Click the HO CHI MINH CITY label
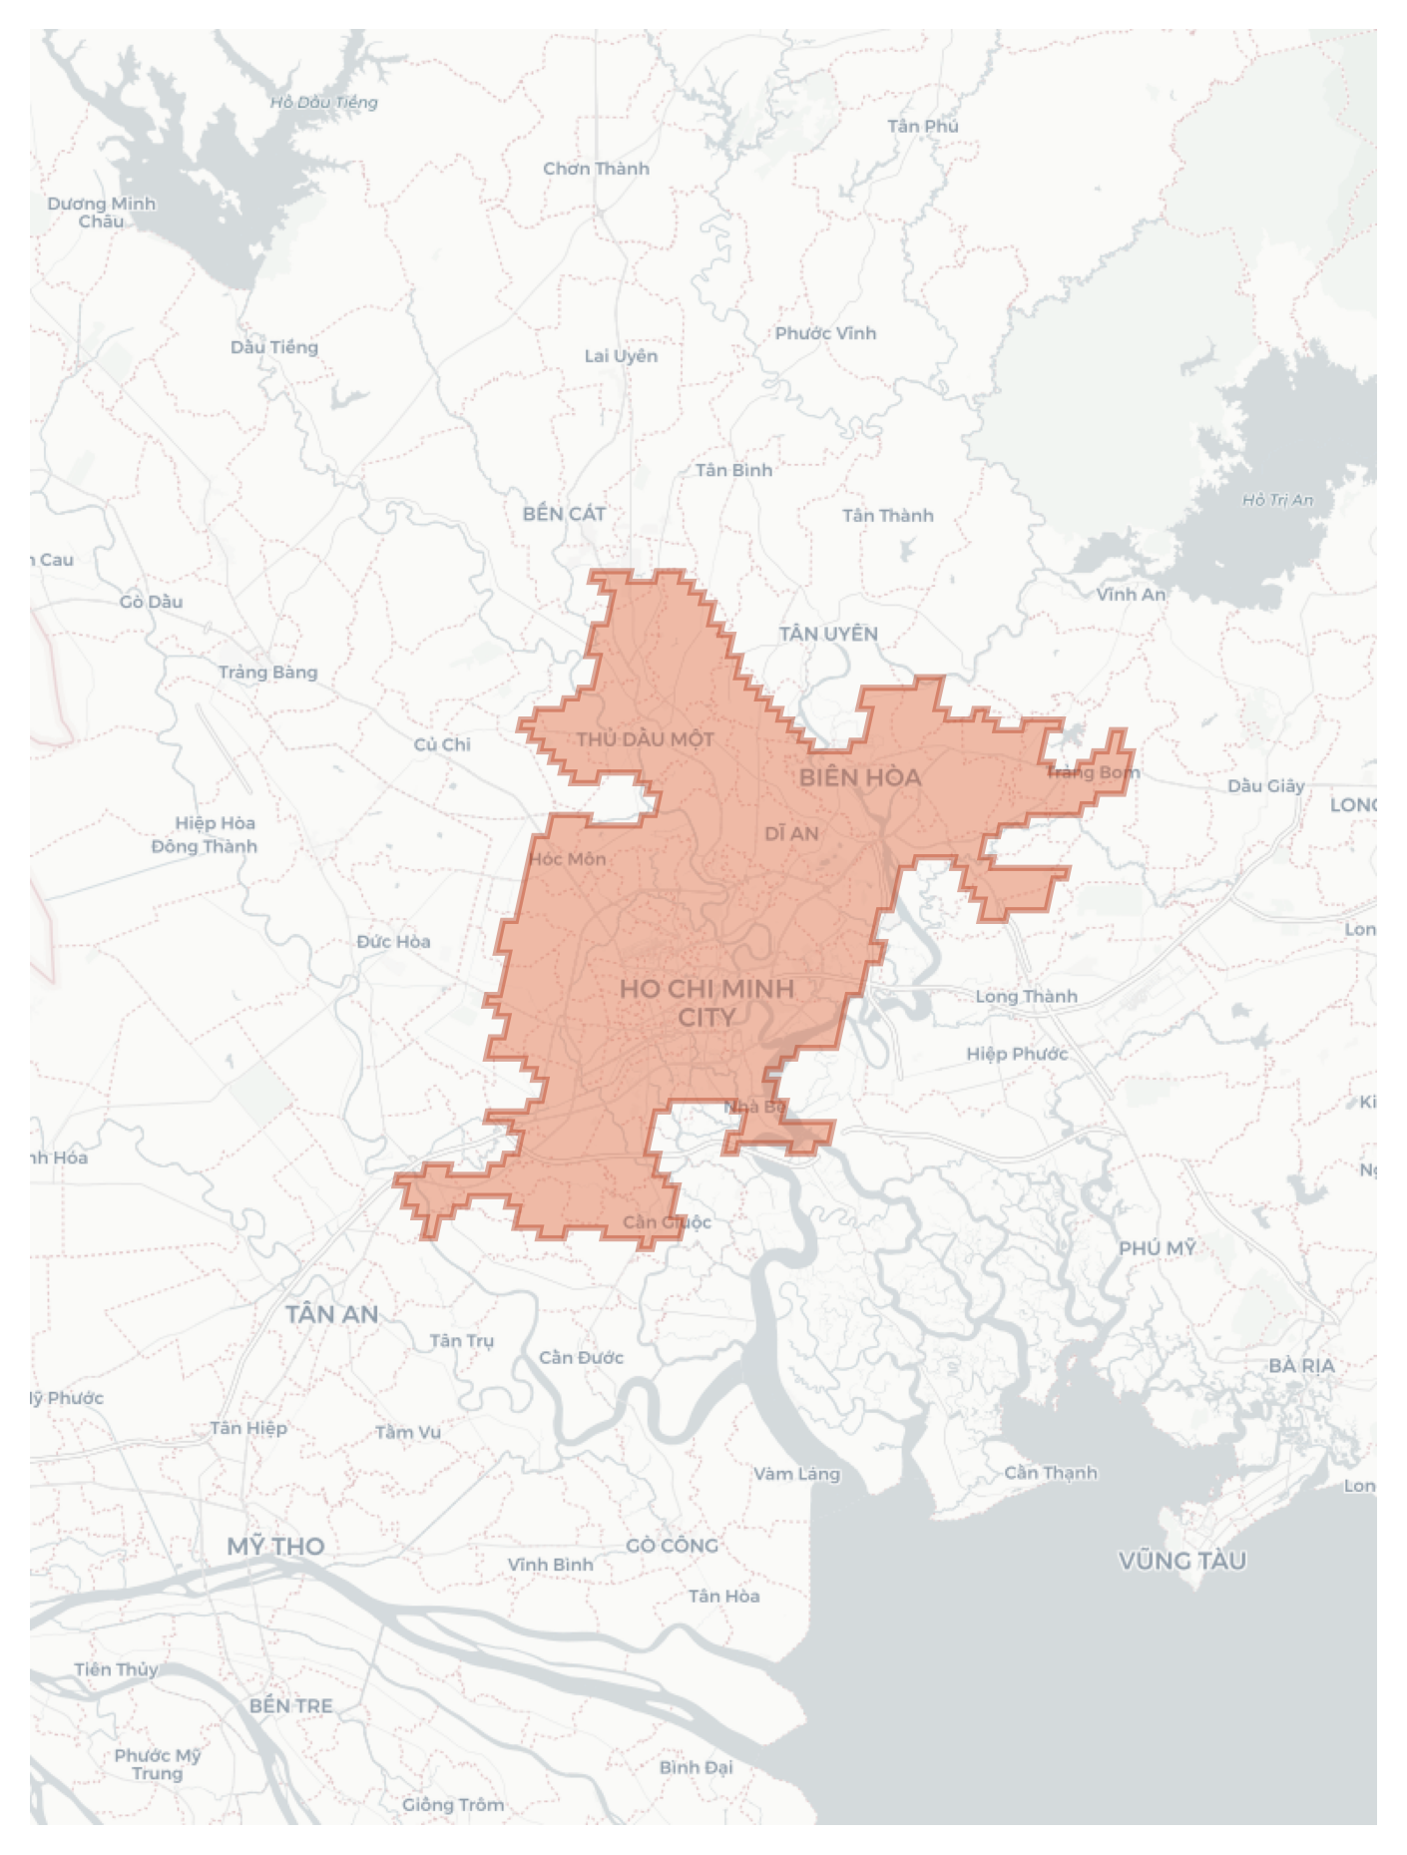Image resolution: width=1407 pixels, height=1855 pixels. [x=706, y=1003]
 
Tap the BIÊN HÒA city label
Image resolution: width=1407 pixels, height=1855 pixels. [x=859, y=777]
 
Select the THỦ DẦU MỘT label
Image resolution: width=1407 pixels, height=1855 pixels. [x=645, y=739]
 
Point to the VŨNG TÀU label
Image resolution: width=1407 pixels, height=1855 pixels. [x=1181, y=1560]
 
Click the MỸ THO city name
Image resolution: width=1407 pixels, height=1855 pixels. [x=275, y=1546]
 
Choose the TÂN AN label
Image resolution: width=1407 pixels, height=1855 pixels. [x=331, y=1314]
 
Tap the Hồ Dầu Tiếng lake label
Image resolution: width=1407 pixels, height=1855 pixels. [x=323, y=102]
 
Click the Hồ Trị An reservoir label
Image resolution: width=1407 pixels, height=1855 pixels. [x=1277, y=500]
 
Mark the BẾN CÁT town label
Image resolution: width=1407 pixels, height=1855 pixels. [x=564, y=514]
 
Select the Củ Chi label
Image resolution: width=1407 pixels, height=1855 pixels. [x=441, y=744]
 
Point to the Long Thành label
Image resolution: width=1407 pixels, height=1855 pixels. [x=1026, y=996]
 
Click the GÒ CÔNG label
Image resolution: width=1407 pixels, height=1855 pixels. [x=672, y=1545]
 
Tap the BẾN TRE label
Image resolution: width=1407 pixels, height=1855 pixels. [x=290, y=1705]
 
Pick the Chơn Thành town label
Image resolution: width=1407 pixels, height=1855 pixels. [x=596, y=169]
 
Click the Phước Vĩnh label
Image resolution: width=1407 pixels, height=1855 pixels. [x=825, y=333]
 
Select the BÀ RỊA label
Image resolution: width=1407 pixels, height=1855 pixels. [x=1300, y=1365]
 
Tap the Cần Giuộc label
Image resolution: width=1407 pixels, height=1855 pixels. [x=667, y=1222]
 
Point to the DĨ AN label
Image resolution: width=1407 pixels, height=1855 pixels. [x=791, y=833]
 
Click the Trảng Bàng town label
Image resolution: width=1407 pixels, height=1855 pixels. [x=267, y=672]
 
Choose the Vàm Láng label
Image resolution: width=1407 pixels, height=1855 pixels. [x=796, y=1473]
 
